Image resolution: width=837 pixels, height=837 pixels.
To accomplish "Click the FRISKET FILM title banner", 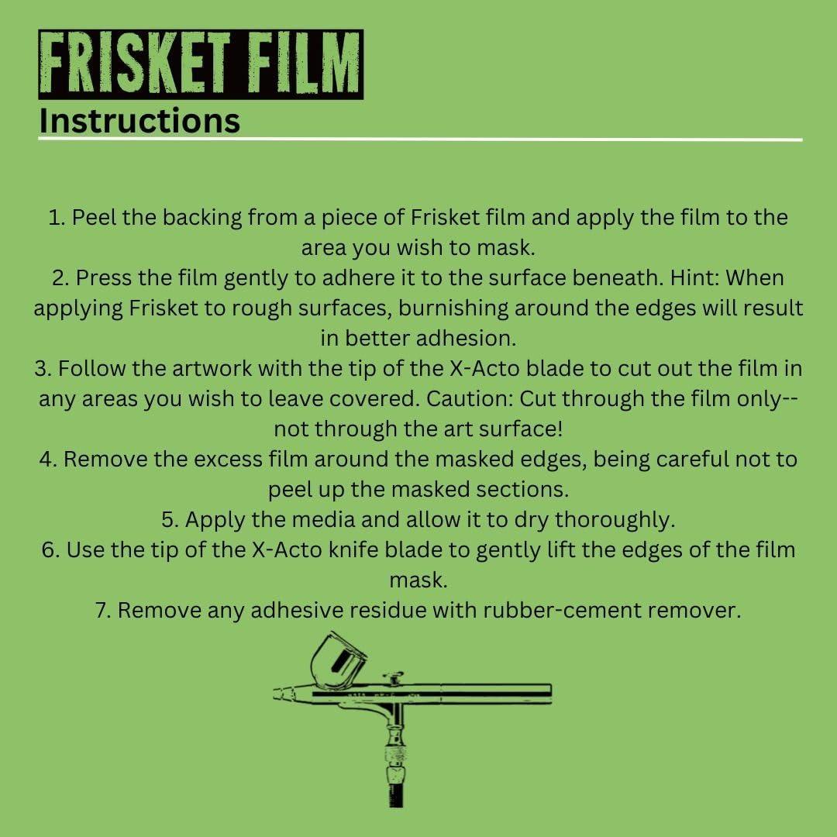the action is tap(201, 64).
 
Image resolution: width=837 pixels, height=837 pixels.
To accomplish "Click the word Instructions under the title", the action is tap(139, 121).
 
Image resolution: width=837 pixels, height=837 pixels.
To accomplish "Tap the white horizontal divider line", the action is tap(420, 139).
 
